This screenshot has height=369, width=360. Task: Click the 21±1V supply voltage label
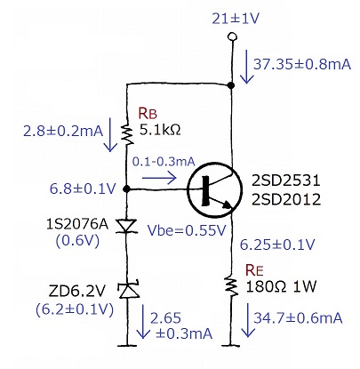pyautogui.click(x=236, y=19)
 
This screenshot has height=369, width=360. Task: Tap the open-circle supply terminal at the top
pyautogui.click(x=232, y=36)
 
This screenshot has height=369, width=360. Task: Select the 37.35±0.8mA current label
pyautogui.click(x=302, y=64)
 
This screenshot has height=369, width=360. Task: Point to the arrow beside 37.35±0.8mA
pyautogui.click(x=246, y=67)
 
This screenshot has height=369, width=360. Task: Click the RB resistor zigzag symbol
pyautogui.click(x=127, y=135)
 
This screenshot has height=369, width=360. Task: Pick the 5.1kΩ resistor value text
pyautogui.click(x=160, y=130)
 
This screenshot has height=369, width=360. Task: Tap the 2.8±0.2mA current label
pyautogui.click(x=63, y=131)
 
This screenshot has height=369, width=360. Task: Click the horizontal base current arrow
pyautogui.click(x=159, y=178)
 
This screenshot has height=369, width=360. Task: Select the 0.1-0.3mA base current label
pyautogui.click(x=164, y=162)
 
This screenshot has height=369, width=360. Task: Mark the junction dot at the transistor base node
pyautogui.click(x=127, y=189)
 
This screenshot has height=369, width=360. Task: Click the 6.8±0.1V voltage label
pyautogui.click(x=82, y=189)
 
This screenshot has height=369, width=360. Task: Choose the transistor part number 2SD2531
pyautogui.click(x=286, y=180)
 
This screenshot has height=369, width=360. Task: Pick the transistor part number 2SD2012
pyautogui.click(x=286, y=199)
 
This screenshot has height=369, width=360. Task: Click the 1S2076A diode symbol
pyautogui.click(x=127, y=226)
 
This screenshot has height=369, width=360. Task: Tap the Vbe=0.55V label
pyautogui.click(x=187, y=230)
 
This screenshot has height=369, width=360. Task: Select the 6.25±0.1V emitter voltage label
pyautogui.click(x=277, y=245)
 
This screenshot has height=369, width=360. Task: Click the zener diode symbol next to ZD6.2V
pyautogui.click(x=128, y=290)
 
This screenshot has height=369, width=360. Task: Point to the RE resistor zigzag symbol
pyautogui.click(x=232, y=286)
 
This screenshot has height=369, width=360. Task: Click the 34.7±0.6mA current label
pyautogui.click(x=298, y=317)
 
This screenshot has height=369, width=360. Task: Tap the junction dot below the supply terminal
pyautogui.click(x=231, y=85)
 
